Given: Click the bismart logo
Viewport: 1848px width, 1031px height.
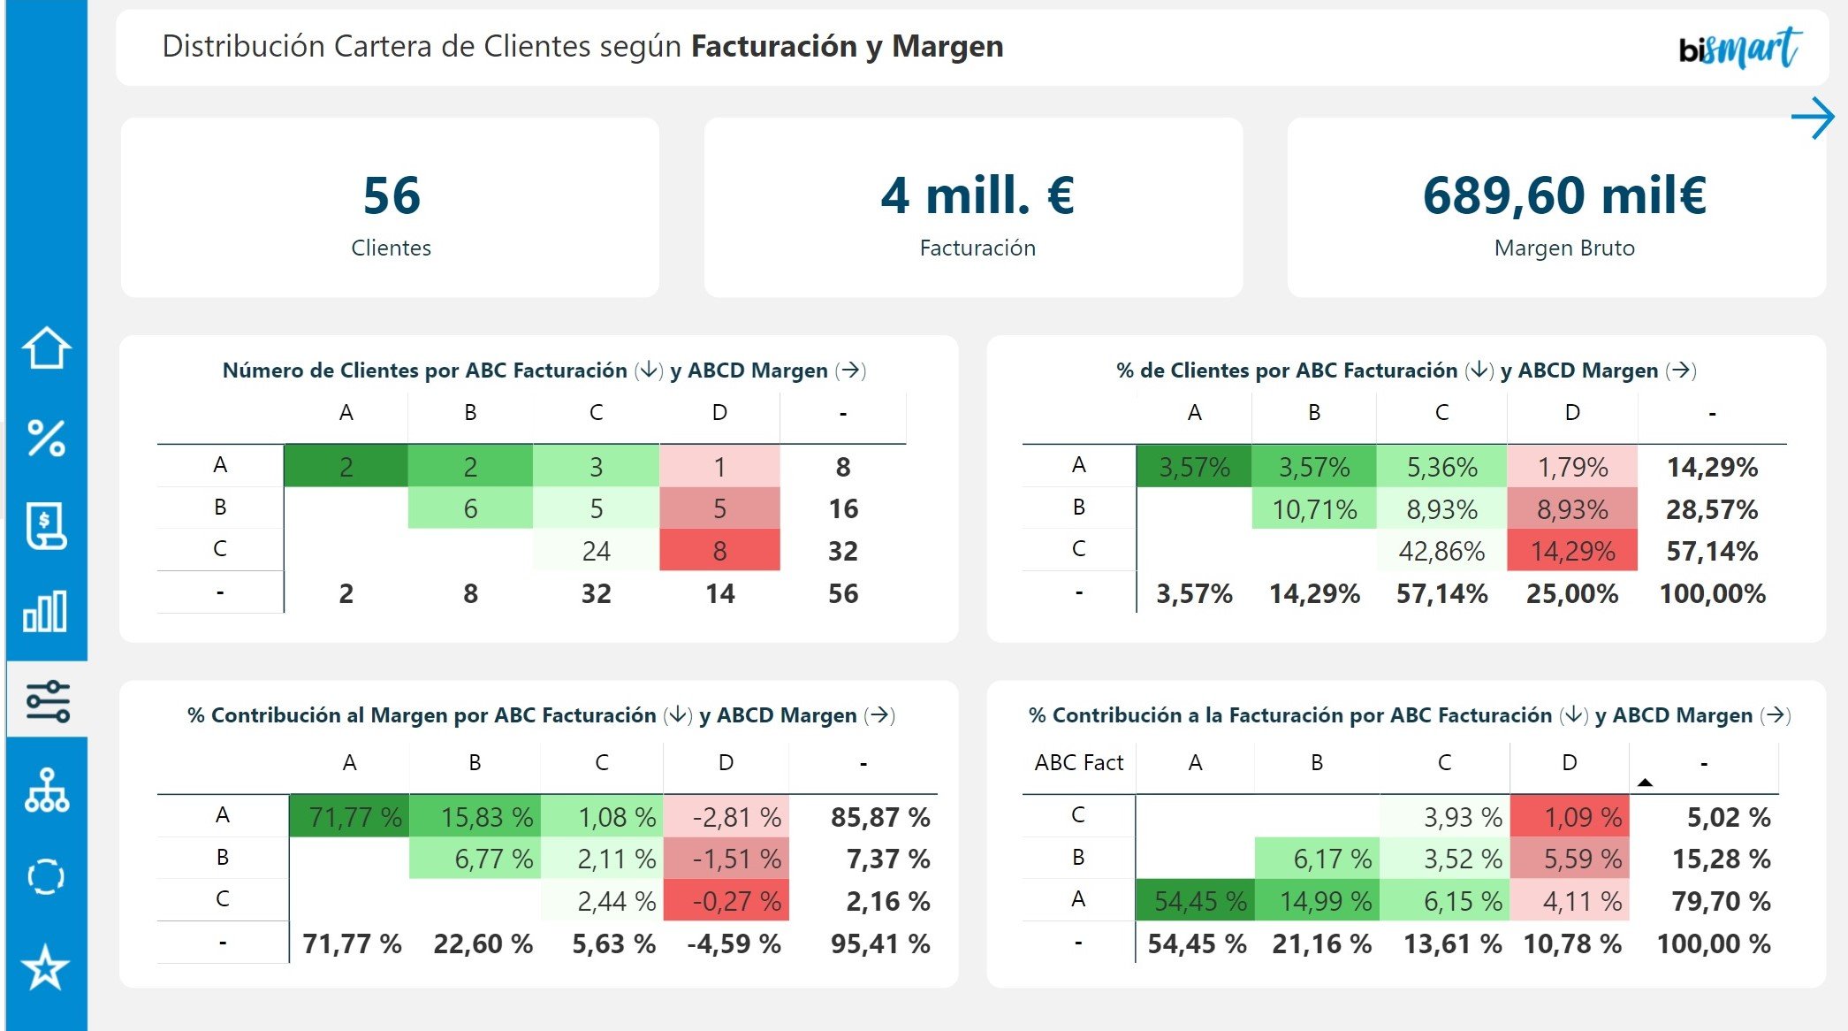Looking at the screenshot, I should click(1738, 49).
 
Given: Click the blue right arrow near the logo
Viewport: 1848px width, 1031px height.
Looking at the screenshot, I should click(1813, 118).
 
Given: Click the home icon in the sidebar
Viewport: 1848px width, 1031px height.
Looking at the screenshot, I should click(46, 347).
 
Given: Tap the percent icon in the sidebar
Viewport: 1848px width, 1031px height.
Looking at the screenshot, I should click(46, 438).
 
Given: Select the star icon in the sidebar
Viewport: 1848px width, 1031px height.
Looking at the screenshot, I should click(46, 967).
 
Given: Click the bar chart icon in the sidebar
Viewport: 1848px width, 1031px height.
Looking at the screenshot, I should click(46, 612).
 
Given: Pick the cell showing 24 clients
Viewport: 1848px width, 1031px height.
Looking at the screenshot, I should click(596, 551).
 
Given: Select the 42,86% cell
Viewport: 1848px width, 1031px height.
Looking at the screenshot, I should click(1441, 551).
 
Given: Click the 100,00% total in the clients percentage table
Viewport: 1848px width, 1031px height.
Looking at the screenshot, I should click(1712, 593).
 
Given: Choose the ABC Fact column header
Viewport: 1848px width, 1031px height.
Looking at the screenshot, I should click(1078, 762).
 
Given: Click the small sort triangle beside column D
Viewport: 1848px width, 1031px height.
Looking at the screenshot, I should click(1645, 783).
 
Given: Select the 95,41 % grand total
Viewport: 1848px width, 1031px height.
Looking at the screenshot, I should click(879, 943).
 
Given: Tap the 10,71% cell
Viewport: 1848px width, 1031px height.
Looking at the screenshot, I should click(1314, 509).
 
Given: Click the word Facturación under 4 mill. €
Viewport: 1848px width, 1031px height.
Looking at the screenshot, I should click(977, 248).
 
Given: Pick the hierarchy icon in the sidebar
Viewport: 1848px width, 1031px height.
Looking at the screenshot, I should click(46, 790).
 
